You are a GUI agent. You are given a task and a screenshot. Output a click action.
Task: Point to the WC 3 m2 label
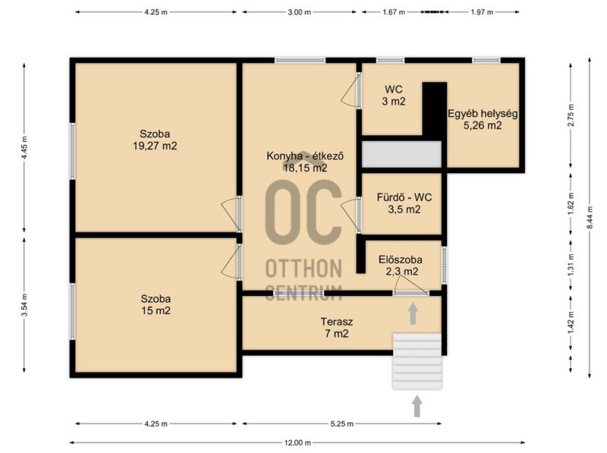point(394,95)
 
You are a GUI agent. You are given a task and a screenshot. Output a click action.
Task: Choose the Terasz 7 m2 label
point(337,327)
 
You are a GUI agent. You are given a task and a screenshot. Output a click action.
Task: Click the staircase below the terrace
point(417,361)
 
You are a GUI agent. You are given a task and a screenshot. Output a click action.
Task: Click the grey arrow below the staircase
point(417,406)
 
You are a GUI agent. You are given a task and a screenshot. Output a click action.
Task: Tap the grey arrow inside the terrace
point(413,314)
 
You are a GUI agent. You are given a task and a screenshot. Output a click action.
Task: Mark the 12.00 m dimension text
point(298,442)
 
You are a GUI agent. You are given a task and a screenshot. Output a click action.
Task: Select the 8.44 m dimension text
point(590,218)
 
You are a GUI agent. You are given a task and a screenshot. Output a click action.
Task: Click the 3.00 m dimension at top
point(299,12)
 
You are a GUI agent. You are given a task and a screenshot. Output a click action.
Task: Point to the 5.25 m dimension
point(342,423)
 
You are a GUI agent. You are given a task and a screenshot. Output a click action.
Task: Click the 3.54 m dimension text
point(24,305)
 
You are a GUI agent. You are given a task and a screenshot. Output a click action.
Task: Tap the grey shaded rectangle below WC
point(401,154)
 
